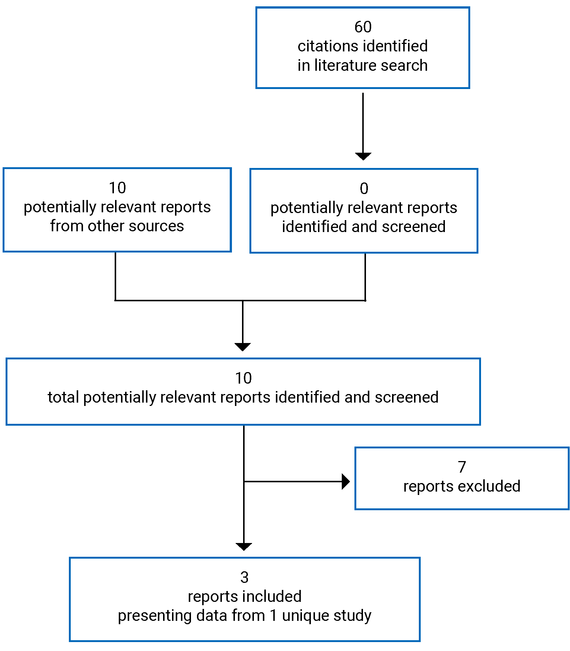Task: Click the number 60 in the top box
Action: coord(363,27)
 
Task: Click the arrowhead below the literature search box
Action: coord(363,156)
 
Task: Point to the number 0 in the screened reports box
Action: coord(364,188)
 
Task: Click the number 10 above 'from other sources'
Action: coord(117,188)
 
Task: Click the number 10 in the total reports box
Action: coord(243,378)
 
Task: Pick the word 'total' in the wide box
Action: coord(63,397)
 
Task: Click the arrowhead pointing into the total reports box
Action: coord(243,347)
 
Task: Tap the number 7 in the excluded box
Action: coord(462,467)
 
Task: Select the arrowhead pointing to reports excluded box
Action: coord(346,482)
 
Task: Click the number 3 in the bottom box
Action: coord(244,578)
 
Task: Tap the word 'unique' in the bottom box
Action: coord(305,616)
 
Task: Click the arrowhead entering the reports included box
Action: coord(244,546)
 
